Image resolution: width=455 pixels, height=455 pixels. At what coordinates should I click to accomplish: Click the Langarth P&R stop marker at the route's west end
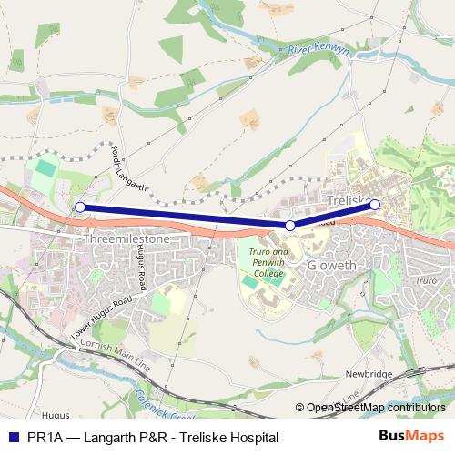coord(80,207)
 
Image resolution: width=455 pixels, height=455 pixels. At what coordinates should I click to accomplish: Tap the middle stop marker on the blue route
coord(290,225)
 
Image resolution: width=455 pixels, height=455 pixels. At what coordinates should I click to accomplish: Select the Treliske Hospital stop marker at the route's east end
coord(375,205)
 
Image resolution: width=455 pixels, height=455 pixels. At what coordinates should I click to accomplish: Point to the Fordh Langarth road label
coord(129,169)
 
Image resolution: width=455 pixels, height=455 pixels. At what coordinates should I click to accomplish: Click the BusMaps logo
coord(409,437)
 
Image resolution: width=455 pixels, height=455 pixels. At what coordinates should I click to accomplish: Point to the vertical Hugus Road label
coord(140,270)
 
